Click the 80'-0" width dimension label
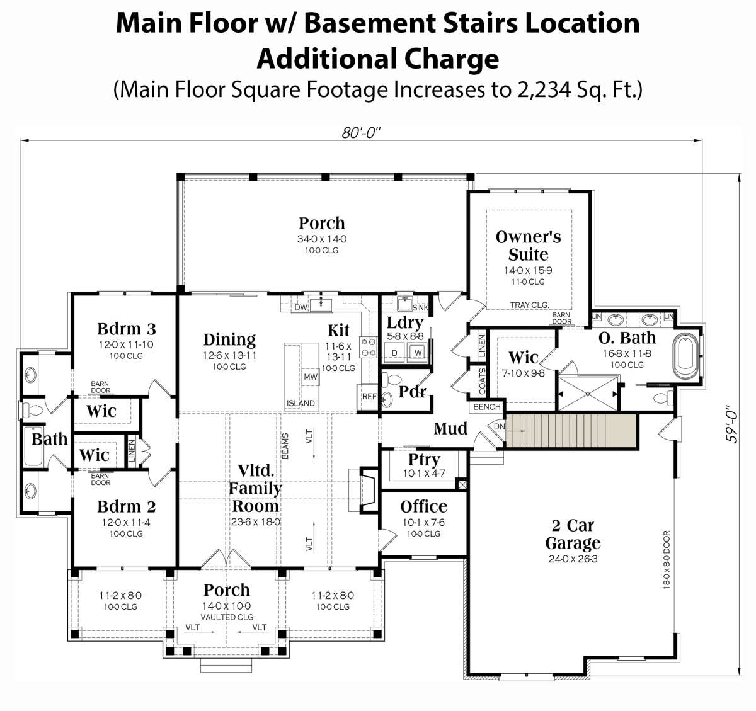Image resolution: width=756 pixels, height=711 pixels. point(361,133)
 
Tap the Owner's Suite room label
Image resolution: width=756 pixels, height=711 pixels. point(529,246)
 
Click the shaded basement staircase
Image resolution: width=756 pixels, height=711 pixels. point(571,431)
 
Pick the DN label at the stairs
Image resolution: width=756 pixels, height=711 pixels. point(499,427)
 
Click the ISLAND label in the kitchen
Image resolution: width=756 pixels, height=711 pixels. point(301,403)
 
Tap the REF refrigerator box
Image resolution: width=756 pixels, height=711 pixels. point(368,397)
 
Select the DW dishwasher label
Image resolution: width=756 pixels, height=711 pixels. point(301,307)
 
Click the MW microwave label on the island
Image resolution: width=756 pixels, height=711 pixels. point(311,377)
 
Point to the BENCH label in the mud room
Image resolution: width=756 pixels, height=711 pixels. point(487,406)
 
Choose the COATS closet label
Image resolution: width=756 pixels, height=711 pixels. point(483,381)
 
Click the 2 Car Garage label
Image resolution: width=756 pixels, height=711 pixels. point(573,534)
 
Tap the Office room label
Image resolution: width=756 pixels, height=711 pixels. point(424,506)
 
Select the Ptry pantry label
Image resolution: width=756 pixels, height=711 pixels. point(424,460)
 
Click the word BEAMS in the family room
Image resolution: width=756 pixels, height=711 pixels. point(285,446)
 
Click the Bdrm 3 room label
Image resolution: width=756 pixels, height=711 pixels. point(127,329)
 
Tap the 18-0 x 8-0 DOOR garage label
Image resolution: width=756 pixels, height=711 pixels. point(667,560)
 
